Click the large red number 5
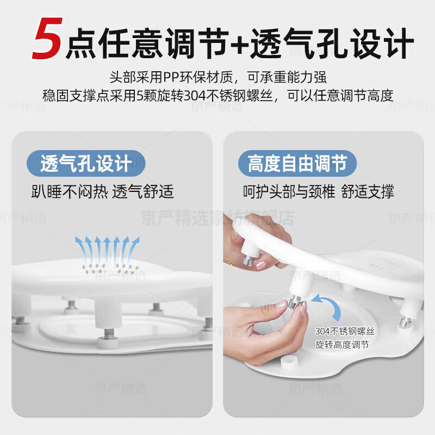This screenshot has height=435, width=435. [47, 39]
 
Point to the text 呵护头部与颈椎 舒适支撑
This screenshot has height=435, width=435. [318, 191]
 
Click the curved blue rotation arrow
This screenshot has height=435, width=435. [330, 307]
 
